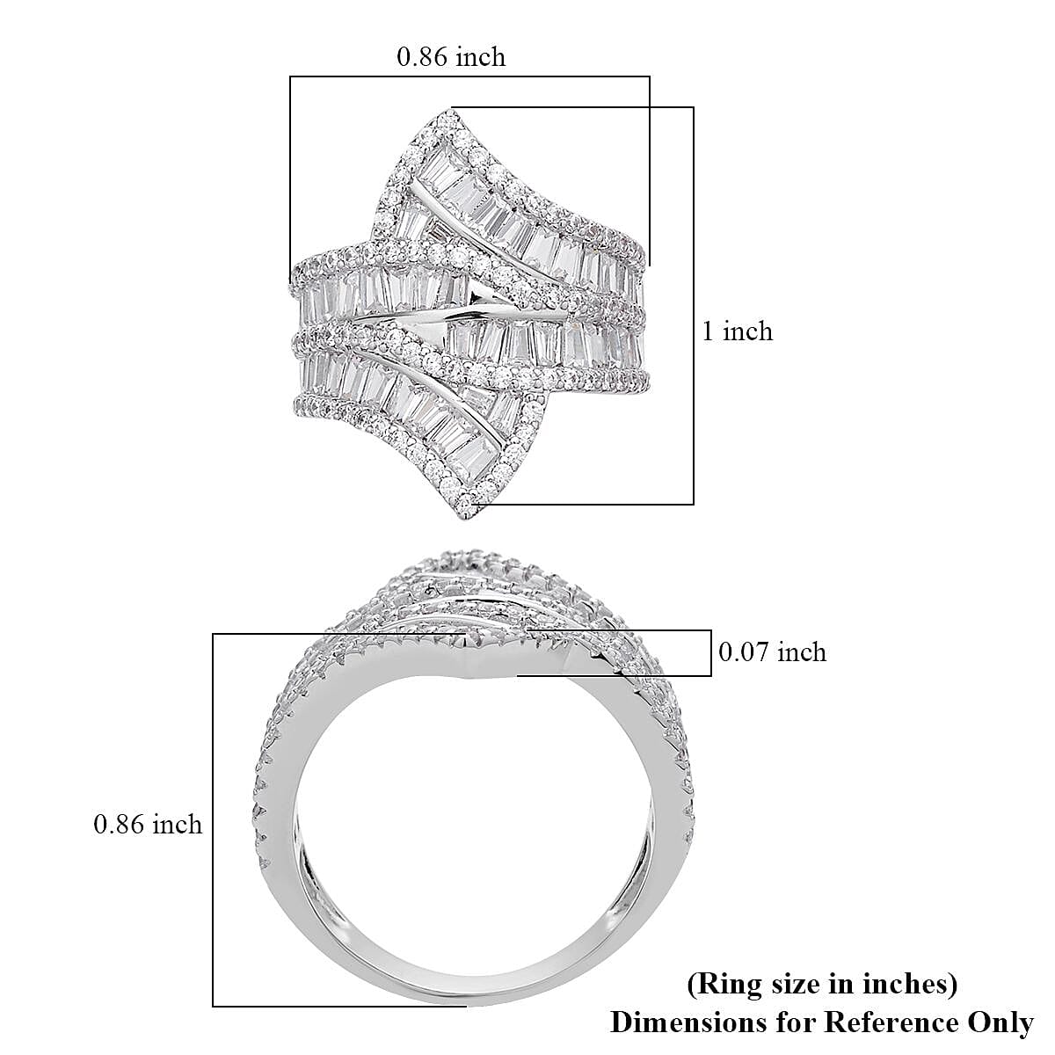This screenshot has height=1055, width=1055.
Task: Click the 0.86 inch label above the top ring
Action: click(451, 57)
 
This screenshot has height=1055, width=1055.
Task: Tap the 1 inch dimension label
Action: click(737, 331)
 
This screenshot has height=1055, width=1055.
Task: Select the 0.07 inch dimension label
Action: click(772, 651)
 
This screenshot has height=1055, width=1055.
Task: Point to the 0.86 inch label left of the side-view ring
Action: click(148, 824)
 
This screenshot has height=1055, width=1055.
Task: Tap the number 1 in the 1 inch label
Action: click(708, 331)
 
